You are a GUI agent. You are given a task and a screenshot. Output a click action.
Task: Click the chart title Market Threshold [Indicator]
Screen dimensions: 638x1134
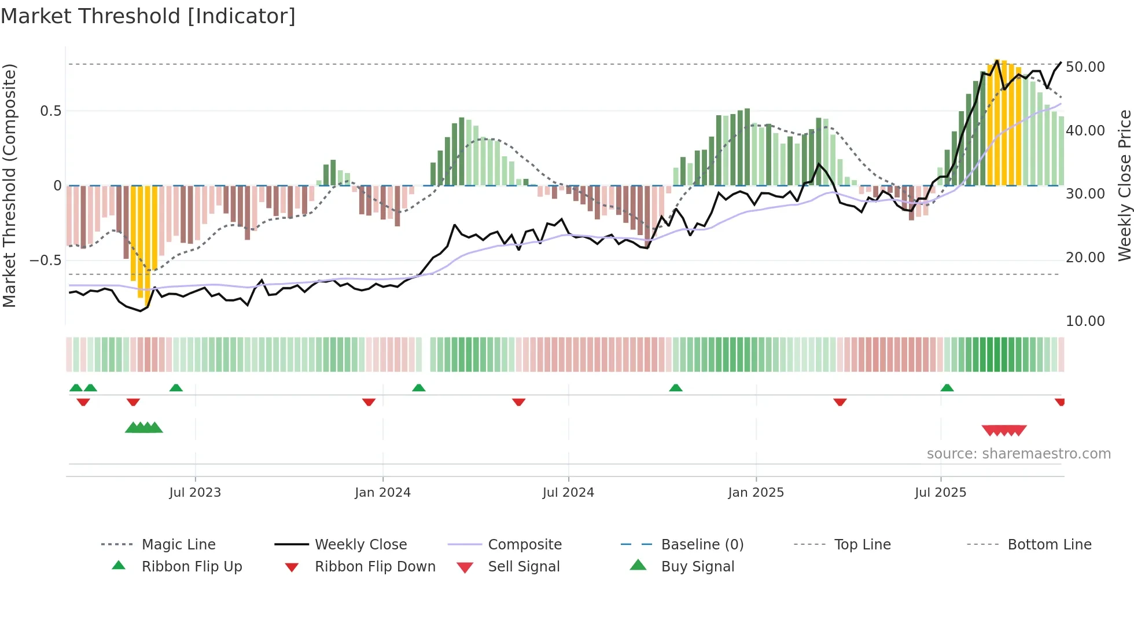(x=148, y=16)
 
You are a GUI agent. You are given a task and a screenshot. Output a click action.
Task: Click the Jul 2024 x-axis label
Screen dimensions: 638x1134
(x=568, y=493)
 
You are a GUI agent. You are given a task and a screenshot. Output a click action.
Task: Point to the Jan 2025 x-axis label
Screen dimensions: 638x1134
(x=756, y=493)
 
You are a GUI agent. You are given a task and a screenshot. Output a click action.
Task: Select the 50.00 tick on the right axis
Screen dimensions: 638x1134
(x=1085, y=67)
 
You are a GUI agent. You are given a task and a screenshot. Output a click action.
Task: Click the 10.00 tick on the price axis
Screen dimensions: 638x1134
(x=1085, y=321)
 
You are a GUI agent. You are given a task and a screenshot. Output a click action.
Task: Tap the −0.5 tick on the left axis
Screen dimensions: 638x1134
(x=46, y=261)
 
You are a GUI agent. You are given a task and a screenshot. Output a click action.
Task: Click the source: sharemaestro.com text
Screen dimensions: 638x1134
(x=1018, y=454)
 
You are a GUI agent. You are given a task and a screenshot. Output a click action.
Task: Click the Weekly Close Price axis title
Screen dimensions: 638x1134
(x=1124, y=185)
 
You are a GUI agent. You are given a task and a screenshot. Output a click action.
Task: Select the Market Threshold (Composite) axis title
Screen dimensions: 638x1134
(x=9, y=185)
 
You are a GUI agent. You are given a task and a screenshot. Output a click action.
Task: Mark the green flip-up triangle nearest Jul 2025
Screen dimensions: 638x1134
(x=947, y=388)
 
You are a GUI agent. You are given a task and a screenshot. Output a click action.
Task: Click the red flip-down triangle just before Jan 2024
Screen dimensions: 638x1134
(x=369, y=402)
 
